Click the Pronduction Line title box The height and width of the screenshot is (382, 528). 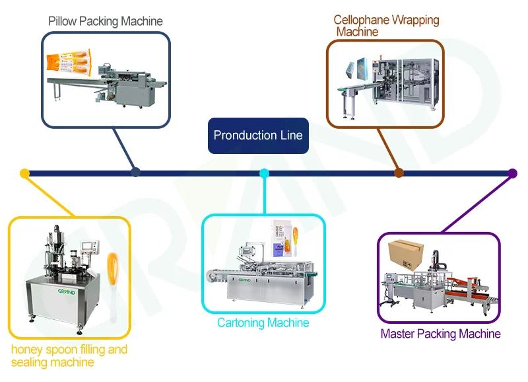(258, 135)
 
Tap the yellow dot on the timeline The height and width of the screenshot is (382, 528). (24, 174)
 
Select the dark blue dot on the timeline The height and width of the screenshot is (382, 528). (135, 172)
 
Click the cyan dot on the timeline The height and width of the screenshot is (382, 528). (264, 173)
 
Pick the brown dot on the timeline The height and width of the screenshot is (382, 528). (399, 173)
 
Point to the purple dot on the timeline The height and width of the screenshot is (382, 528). (512, 174)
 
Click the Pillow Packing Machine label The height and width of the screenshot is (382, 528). (106, 21)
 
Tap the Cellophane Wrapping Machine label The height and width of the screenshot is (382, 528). (385, 26)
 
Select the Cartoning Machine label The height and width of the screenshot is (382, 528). (263, 323)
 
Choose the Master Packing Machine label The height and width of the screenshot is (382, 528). (440, 334)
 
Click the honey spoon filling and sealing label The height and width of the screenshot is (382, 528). (69, 356)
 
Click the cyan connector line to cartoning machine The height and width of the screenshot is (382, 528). (264, 195)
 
